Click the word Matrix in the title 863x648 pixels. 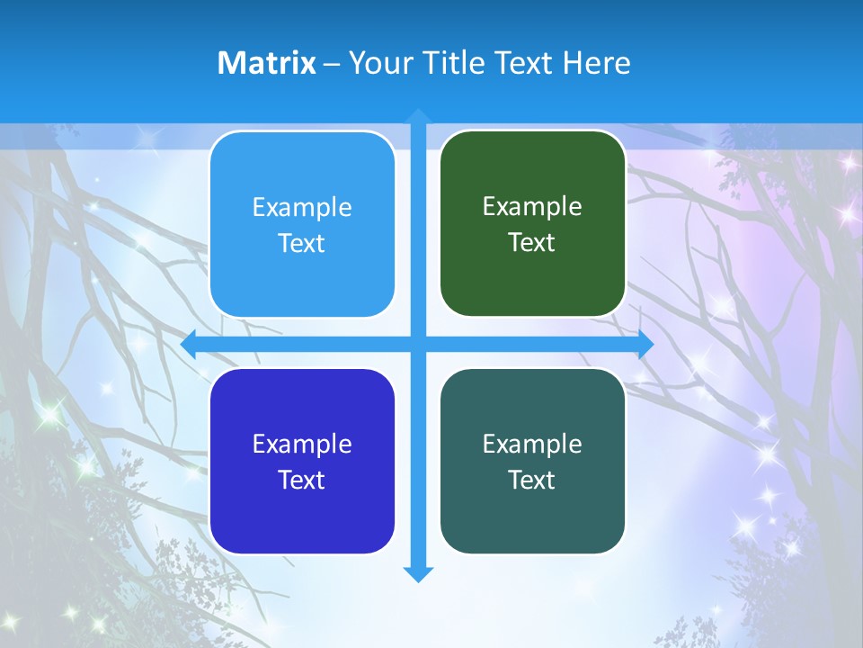pyautogui.click(x=267, y=63)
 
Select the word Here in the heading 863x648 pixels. pyautogui.click(x=596, y=63)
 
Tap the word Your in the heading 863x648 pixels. pyautogui.click(x=378, y=63)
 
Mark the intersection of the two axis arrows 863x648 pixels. pyautogui.click(x=418, y=344)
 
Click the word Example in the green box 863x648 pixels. pyautogui.click(x=532, y=206)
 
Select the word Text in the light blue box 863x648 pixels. pyautogui.click(x=302, y=243)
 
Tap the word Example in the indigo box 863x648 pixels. pyautogui.click(x=302, y=444)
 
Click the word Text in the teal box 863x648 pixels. pyautogui.click(x=532, y=480)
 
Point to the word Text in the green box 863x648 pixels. pyautogui.click(x=532, y=242)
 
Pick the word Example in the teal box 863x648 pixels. pyautogui.click(x=532, y=444)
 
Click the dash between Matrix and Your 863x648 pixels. pyautogui.click(x=332, y=63)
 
